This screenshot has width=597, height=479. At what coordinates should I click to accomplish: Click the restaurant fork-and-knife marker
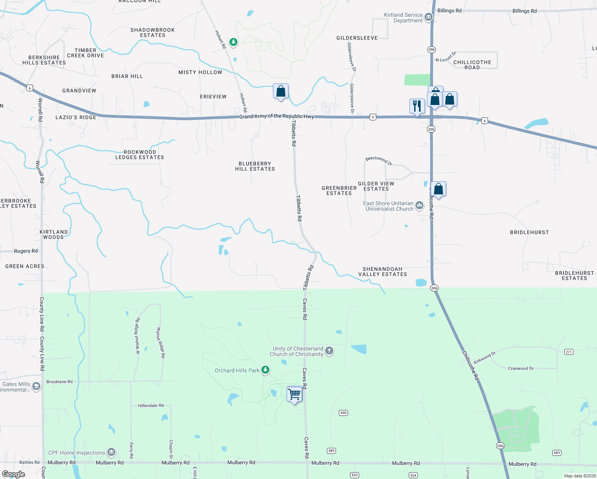tap(417, 106)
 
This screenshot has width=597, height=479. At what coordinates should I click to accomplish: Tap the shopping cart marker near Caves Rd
tap(295, 394)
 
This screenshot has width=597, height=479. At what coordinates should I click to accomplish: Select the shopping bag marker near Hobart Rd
tap(281, 91)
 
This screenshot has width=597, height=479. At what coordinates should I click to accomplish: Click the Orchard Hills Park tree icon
tap(265, 370)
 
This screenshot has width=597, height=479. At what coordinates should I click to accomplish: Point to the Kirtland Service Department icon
tap(429, 17)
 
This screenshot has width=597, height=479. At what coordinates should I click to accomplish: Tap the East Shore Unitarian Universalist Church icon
tap(419, 206)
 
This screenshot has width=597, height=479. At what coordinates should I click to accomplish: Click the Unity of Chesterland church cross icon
tap(329, 351)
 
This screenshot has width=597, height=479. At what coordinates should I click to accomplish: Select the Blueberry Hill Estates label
tap(255, 166)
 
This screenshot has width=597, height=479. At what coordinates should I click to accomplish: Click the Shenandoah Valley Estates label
tap(382, 272)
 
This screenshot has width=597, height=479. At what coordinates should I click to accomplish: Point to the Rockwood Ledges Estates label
tap(140, 155)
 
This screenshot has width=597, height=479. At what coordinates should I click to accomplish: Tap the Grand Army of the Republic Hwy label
tap(277, 116)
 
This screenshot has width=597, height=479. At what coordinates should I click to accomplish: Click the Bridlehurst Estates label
tap(574, 276)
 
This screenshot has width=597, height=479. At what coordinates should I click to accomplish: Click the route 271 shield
tap(569, 352)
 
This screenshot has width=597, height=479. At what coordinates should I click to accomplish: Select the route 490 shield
tap(343, 413)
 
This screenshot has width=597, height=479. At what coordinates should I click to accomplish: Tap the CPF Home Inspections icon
tap(111, 452)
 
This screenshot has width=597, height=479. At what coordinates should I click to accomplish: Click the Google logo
tap(14, 474)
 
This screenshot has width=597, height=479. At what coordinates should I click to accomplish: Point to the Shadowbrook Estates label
tap(152, 33)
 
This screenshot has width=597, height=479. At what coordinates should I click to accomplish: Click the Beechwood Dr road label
tap(379, 160)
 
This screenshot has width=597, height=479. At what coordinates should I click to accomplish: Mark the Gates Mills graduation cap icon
tap(36, 386)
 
